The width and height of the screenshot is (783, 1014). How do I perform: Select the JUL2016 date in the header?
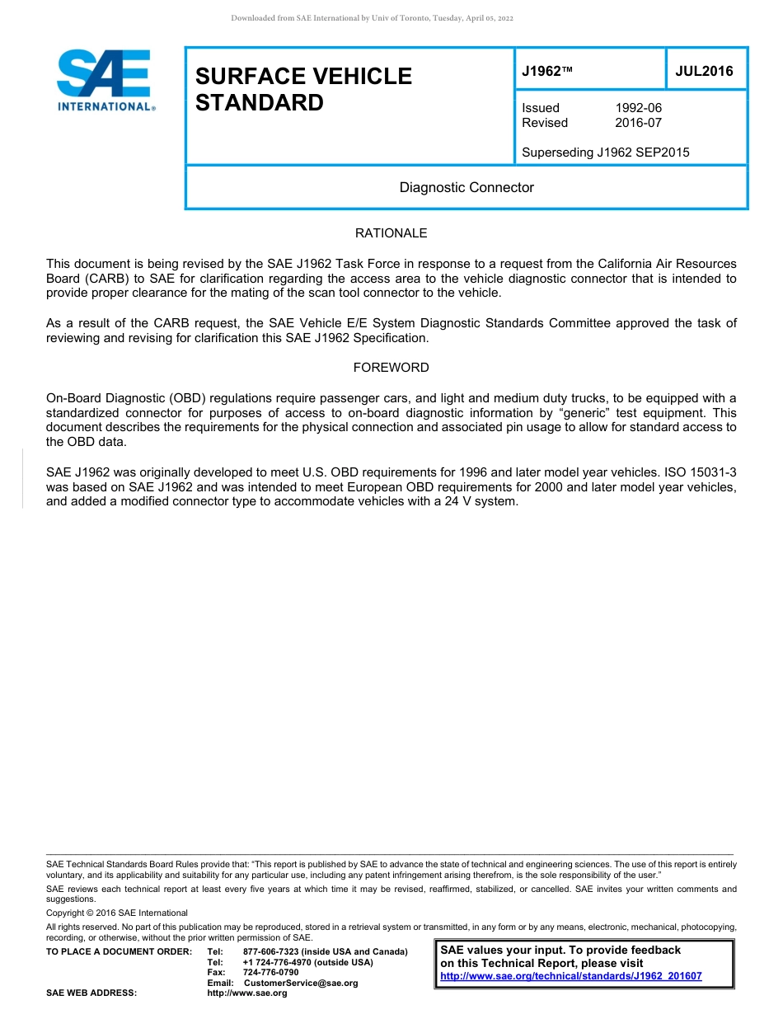click(x=704, y=71)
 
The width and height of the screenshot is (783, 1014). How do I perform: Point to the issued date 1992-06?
click(x=638, y=108)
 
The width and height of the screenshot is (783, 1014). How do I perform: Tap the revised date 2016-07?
click(x=638, y=123)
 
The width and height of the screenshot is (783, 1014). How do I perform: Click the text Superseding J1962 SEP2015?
click(x=606, y=153)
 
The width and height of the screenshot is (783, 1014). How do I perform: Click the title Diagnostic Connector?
click(x=467, y=187)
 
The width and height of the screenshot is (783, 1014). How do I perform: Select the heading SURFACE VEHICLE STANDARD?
click(x=303, y=89)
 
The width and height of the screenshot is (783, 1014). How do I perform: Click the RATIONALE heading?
click(x=391, y=233)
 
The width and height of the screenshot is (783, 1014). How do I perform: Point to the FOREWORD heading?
click(x=391, y=368)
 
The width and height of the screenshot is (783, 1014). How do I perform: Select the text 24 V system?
click(x=482, y=502)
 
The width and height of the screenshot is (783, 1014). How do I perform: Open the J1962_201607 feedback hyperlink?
click(x=571, y=976)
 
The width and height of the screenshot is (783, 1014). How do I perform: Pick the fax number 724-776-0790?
click(x=271, y=973)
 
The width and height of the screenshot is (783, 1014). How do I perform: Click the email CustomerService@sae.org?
click(x=301, y=983)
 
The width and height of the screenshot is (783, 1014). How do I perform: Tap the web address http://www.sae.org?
click(x=247, y=993)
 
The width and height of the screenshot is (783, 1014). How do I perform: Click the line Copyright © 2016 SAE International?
click(x=116, y=913)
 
